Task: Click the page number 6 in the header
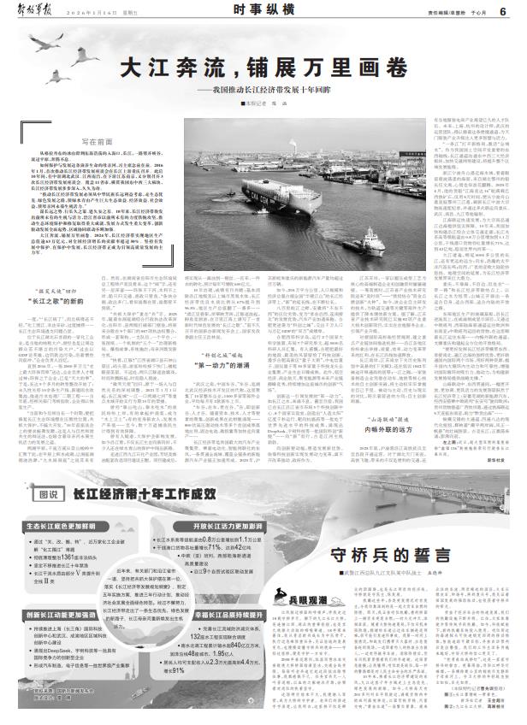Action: (506, 9)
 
